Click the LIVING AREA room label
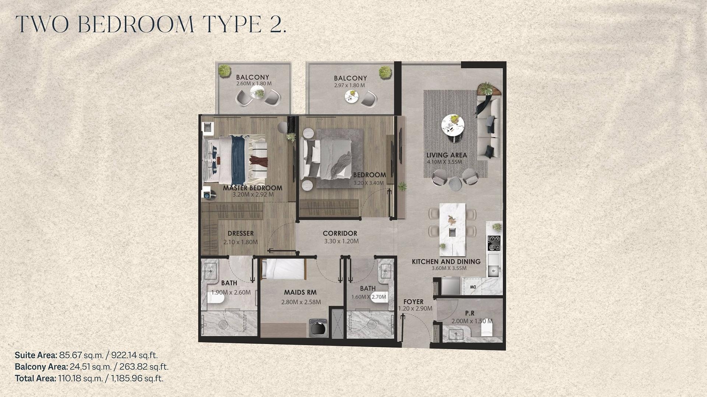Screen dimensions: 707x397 (447, 155)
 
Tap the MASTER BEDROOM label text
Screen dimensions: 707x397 (253, 188)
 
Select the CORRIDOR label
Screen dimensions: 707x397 (340, 233)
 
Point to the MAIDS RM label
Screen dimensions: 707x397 (300, 293)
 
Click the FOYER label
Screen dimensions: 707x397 (413, 302)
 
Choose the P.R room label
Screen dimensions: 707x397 (470, 313)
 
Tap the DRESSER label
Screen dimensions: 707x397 (240, 233)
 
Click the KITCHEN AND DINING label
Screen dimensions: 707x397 (446, 262)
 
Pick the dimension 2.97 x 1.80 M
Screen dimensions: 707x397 (349, 85)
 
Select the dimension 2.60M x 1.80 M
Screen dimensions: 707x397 (254, 84)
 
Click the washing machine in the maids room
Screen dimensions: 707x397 (316, 328)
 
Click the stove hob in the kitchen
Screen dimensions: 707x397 (494, 243)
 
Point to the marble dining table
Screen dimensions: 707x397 (453, 229)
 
